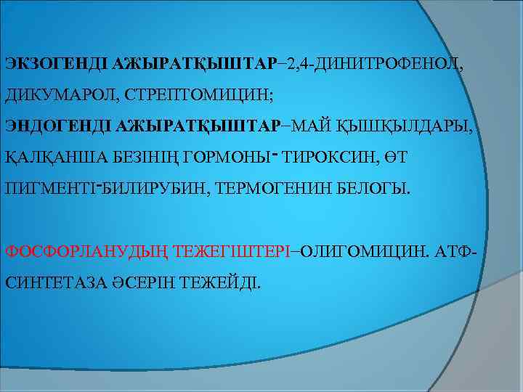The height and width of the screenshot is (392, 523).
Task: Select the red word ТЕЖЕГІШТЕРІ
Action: click(x=232, y=253)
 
